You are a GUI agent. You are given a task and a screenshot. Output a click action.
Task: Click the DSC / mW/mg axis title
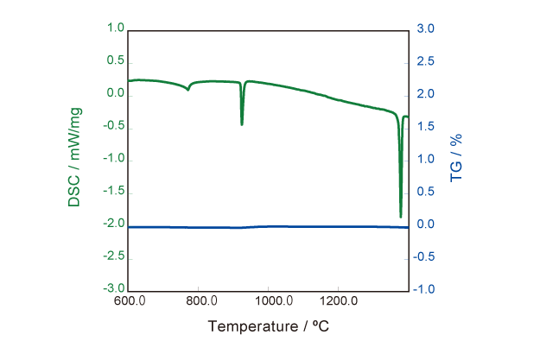[74, 157]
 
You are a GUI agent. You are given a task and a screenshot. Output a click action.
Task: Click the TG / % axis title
[457, 157]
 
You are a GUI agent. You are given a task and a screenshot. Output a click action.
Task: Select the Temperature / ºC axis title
[269, 326]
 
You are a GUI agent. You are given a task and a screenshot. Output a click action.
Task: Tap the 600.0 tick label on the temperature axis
[129, 301]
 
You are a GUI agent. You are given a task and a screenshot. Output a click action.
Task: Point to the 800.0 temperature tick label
[200, 301]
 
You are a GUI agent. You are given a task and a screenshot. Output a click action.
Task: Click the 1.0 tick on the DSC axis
[115, 28]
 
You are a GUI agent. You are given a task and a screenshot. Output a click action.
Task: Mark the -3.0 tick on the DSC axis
[113, 290]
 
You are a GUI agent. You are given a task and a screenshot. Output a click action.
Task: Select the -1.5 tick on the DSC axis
[113, 192]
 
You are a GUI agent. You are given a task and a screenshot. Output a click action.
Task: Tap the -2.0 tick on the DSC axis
[113, 224]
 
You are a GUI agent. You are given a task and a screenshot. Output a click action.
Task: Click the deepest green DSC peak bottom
[401, 216]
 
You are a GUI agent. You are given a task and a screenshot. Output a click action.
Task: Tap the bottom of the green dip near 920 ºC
[242, 124]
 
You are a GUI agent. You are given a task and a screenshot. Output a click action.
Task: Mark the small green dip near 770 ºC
[188, 89]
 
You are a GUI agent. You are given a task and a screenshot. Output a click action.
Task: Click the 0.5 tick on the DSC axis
[115, 61]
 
